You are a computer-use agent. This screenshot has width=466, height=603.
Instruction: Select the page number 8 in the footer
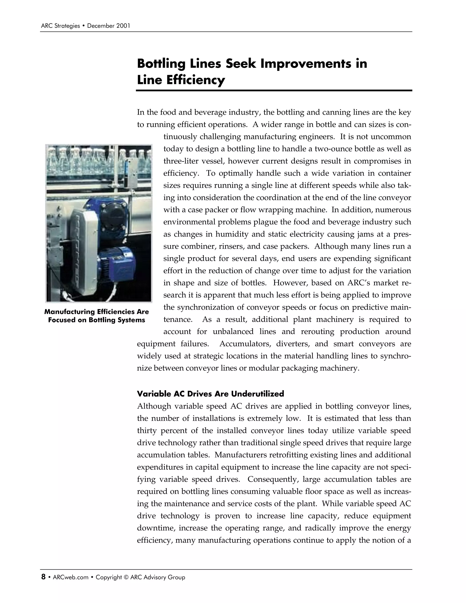(x=43, y=577)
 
